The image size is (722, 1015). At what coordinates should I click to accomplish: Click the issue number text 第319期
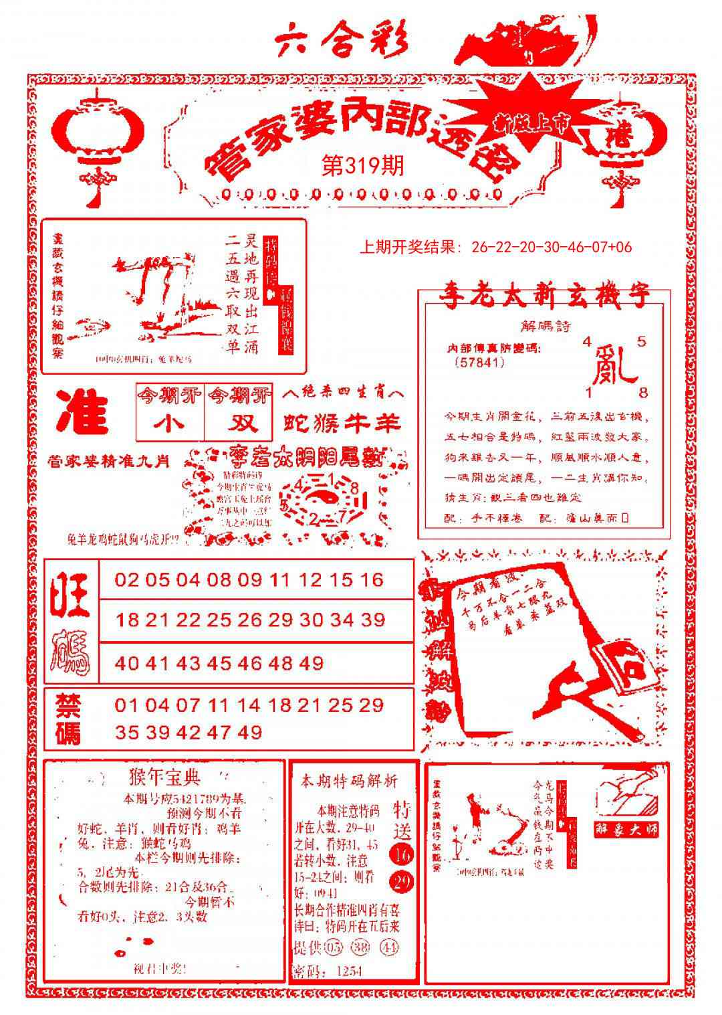tap(363, 165)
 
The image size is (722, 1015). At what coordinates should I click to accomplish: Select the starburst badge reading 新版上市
tap(533, 121)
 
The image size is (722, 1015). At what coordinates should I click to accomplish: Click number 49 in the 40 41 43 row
tap(312, 664)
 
